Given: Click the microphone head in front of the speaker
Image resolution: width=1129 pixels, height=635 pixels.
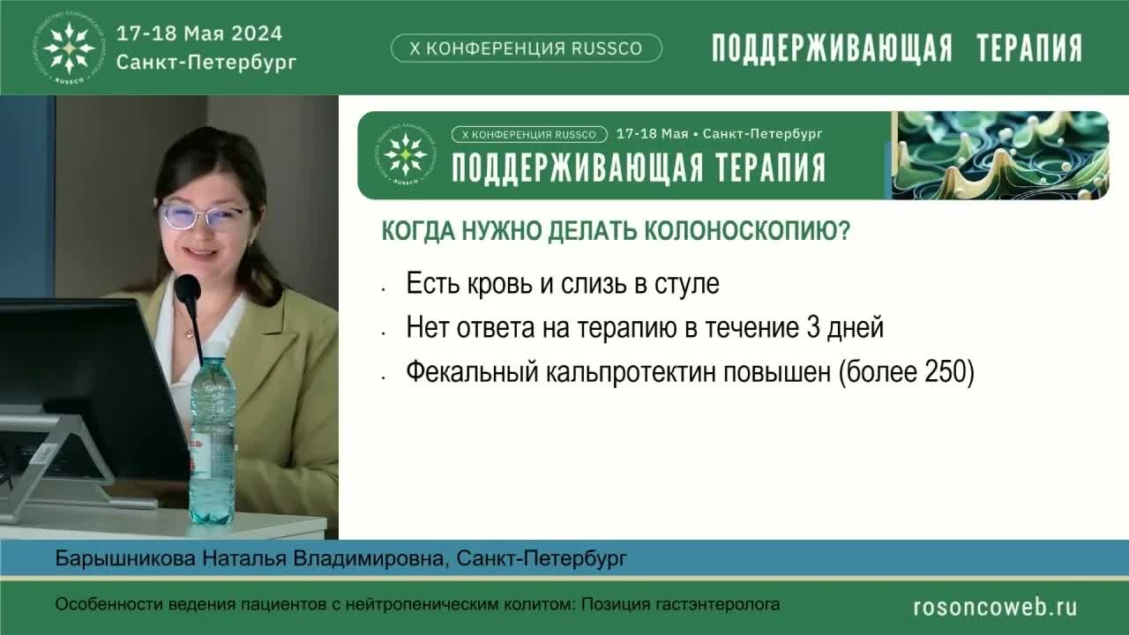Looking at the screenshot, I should pos(187,288).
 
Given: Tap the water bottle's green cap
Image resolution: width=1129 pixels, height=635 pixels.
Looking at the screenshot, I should pos(213,350).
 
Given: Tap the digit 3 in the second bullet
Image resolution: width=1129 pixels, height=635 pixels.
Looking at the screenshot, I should pos(813,329).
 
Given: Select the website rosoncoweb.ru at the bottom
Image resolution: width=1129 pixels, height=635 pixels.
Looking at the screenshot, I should pos(995,606).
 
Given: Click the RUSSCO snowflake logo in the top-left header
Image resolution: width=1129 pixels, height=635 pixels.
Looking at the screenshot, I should pos(70,48).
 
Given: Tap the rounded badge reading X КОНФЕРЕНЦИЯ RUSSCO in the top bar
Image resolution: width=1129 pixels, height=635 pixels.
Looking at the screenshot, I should pos(526,49).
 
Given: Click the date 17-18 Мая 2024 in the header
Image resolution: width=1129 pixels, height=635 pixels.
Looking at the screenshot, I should pos(200,34).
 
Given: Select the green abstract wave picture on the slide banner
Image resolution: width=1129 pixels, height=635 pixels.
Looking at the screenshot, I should pos(1000,155).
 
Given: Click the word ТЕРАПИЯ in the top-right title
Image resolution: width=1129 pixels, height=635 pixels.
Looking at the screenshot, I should pos(1028,49).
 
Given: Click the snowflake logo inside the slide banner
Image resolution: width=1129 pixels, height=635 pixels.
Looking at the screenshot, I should pos(406,155).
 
